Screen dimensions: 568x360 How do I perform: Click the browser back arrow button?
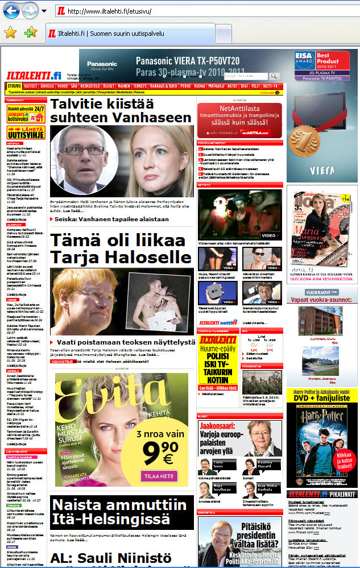pos(12,10)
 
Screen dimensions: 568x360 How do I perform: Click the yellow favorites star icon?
pos(10,32)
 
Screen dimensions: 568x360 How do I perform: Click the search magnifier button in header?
pos(275,76)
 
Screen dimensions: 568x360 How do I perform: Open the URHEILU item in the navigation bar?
pos(47,86)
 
